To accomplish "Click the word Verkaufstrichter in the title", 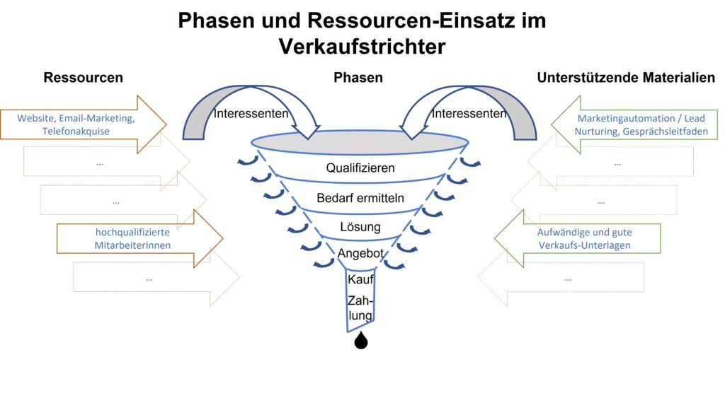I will pyautogui.click(x=362, y=46).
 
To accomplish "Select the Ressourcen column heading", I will pyautogui.click(x=83, y=78).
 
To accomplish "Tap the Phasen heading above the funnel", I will pyautogui.click(x=358, y=78).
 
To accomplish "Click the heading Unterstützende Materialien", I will pyautogui.click(x=626, y=78).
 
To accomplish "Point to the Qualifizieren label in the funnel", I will pyautogui.click(x=360, y=168).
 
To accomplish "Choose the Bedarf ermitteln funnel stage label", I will pyautogui.click(x=360, y=198).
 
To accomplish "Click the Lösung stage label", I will pyautogui.click(x=360, y=228).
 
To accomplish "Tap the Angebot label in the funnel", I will pyautogui.click(x=360, y=253).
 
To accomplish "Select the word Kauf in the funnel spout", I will pyautogui.click(x=360, y=279).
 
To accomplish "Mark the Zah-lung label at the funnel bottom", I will pyautogui.click(x=360, y=308).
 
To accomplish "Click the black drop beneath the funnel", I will pyautogui.click(x=361, y=341).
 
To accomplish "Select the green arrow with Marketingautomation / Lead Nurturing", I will pyautogui.click(x=630, y=125).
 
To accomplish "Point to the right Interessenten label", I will pyautogui.click(x=469, y=113).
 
